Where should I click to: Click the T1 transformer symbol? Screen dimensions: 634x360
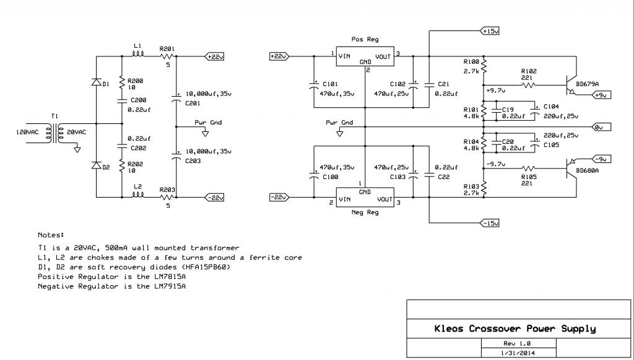click(x=54, y=132)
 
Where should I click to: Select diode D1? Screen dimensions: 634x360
click(x=96, y=82)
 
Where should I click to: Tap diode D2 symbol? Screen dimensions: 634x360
click(x=96, y=165)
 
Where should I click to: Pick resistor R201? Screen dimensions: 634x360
click(x=167, y=56)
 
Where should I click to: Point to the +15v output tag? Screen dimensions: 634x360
click(x=489, y=31)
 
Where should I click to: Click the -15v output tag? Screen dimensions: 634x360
click(x=489, y=223)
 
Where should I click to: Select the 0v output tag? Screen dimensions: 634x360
click(x=602, y=127)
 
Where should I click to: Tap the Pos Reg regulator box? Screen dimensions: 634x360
click(x=365, y=56)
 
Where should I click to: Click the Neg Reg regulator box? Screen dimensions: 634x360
click(x=365, y=198)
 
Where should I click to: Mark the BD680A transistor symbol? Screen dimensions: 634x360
click(x=571, y=167)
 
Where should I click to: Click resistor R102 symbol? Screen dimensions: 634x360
click(x=529, y=86)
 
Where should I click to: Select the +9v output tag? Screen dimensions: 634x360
click(x=601, y=95)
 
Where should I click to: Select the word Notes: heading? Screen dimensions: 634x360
click(x=51, y=235)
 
